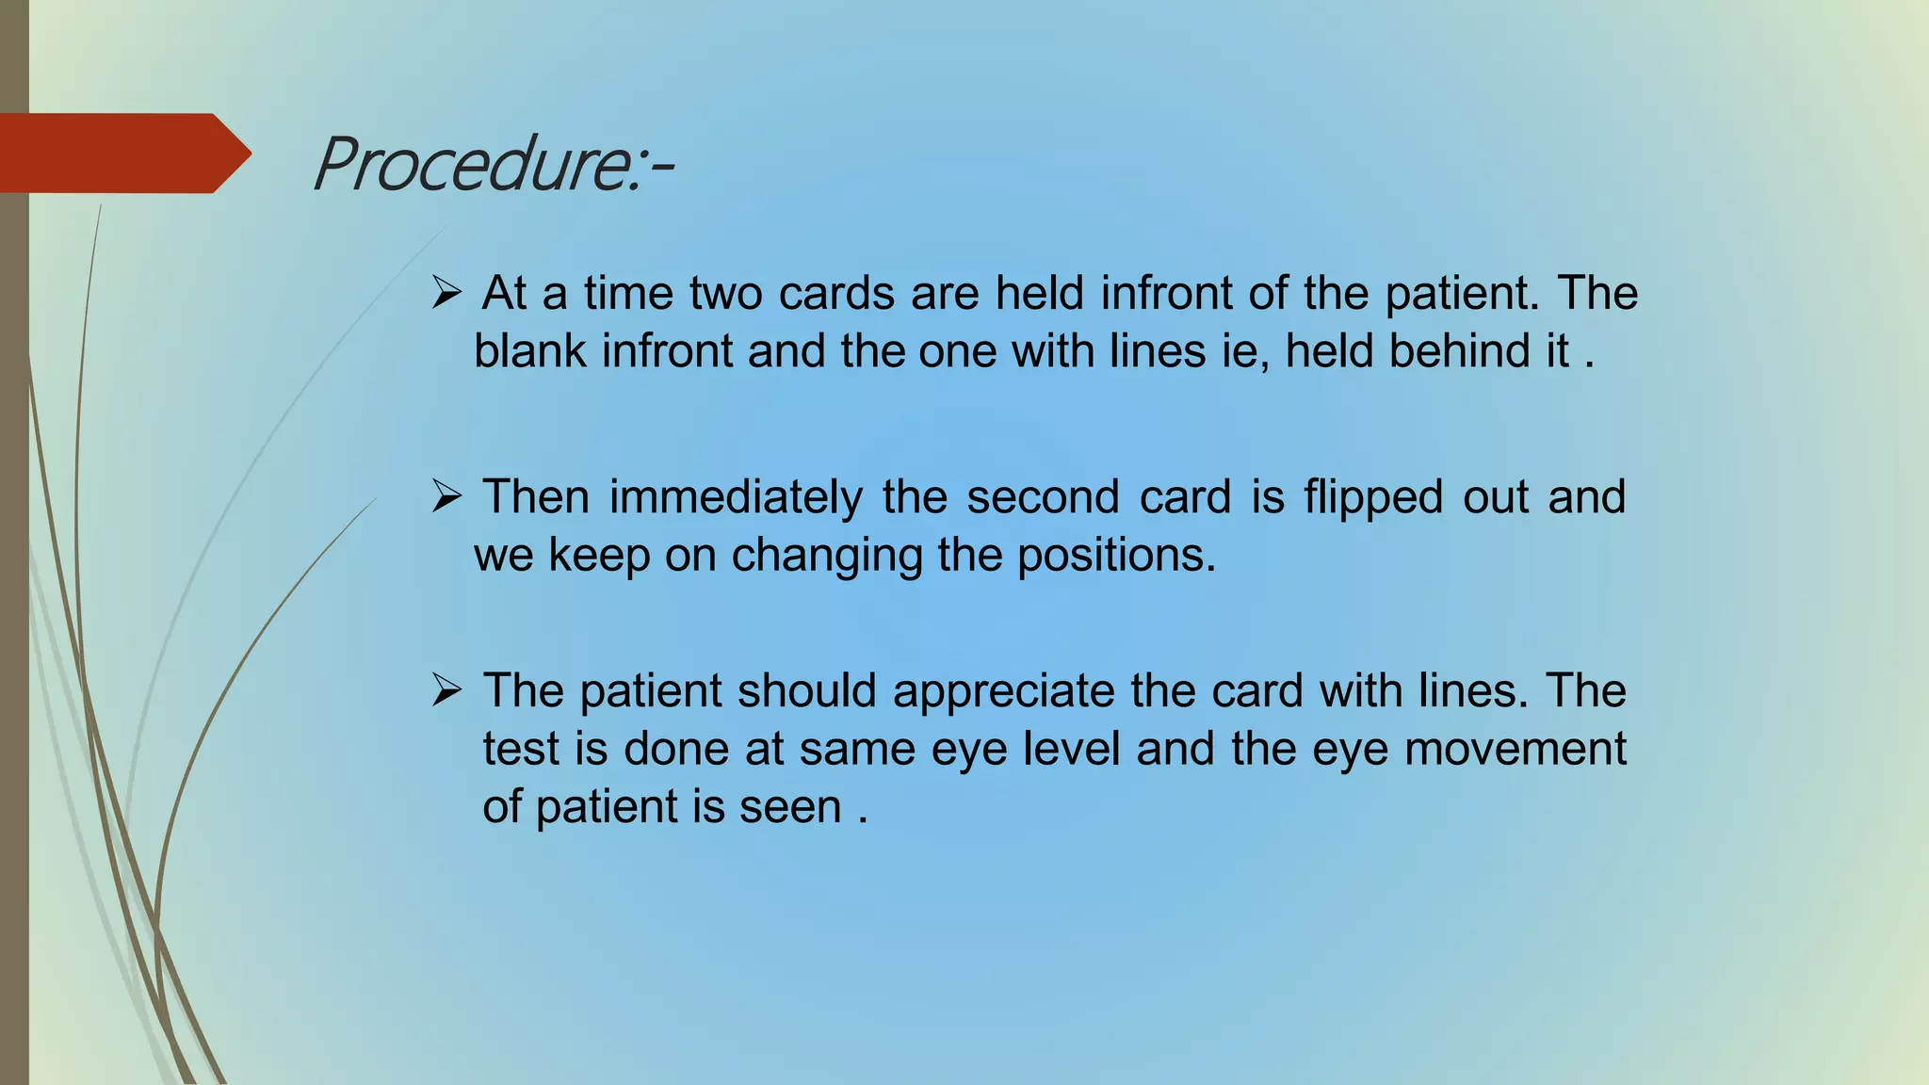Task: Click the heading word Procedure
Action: [476, 165]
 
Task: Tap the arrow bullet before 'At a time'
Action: [446, 293]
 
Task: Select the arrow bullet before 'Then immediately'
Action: [446, 496]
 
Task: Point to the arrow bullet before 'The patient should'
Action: [446, 690]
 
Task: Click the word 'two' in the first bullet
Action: [724, 293]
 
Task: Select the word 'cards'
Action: [836, 293]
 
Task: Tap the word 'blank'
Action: [529, 351]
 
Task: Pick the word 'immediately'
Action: [736, 496]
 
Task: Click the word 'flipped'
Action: [1372, 496]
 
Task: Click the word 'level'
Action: [1071, 750]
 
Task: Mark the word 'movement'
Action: [1515, 750]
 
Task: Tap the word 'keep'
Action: [599, 556]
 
